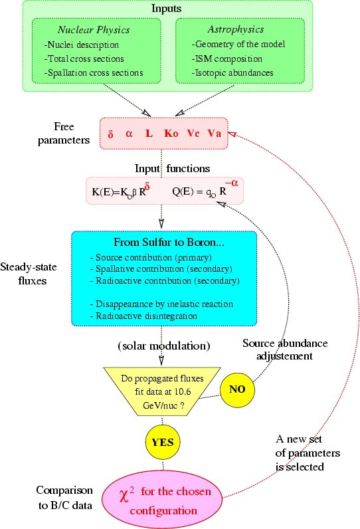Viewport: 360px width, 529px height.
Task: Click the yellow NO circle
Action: (x=237, y=389)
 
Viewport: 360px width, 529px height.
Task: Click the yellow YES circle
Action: (x=163, y=443)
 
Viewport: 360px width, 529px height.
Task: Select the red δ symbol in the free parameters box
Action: (x=110, y=134)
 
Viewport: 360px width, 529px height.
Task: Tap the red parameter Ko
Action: (x=171, y=134)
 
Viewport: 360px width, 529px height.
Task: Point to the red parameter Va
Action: (x=215, y=134)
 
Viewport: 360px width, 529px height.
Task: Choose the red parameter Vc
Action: (x=193, y=134)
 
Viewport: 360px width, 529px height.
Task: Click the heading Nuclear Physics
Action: (x=94, y=30)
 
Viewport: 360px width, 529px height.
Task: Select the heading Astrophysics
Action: (x=236, y=30)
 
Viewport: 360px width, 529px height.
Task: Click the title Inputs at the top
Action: (x=167, y=9)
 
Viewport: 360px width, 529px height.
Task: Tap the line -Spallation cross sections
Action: (x=94, y=73)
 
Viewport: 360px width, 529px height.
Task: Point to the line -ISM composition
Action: (x=227, y=58)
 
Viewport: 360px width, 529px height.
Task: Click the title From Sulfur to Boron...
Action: (x=169, y=242)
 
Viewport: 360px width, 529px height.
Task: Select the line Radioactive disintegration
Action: (x=143, y=316)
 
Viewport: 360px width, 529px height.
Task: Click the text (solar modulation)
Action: (x=164, y=346)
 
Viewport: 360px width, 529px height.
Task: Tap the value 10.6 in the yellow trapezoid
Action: (x=183, y=391)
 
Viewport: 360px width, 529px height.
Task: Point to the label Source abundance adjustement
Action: (x=285, y=350)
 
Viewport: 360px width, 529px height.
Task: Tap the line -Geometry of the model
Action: (x=238, y=45)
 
